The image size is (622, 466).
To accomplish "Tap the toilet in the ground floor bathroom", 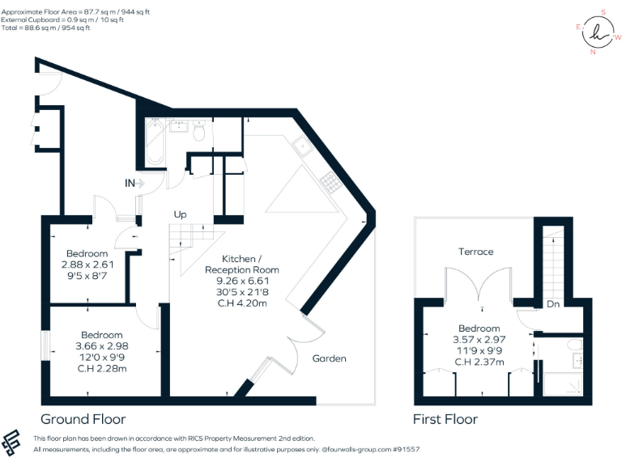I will pyautogui.click(x=199, y=131).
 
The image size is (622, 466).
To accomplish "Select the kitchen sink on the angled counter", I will pyautogui.click(x=303, y=146).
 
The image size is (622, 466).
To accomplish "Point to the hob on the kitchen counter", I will pyautogui.click(x=330, y=184).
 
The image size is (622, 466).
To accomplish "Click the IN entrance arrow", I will pyautogui.click(x=134, y=184).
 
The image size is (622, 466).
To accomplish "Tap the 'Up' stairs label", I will pyautogui.click(x=181, y=215).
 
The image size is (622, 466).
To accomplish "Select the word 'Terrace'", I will pyautogui.click(x=475, y=252).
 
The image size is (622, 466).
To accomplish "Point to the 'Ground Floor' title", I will pyautogui.click(x=83, y=419).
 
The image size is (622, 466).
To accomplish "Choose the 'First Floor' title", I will pyautogui.click(x=445, y=419).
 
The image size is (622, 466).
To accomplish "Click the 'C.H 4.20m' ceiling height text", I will pyautogui.click(x=241, y=304).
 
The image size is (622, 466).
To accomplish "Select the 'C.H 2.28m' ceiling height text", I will pyautogui.click(x=101, y=369).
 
